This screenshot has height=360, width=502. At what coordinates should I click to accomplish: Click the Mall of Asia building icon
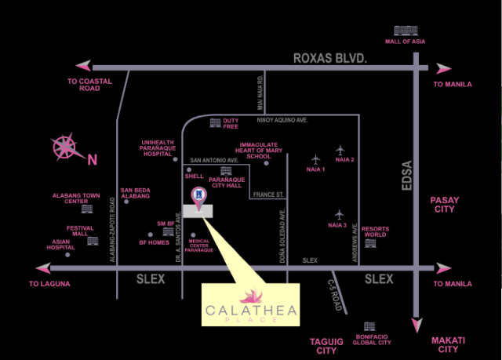pos(401,31)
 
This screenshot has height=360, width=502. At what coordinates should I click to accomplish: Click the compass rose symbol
pos(65,147)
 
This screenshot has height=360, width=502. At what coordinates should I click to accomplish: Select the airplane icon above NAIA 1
pos(315,159)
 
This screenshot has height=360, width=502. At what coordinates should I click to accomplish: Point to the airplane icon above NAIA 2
pos(340,149)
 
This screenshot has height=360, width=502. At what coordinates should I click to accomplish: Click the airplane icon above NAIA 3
pos(340,213)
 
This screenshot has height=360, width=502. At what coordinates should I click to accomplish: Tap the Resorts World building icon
pos(370,242)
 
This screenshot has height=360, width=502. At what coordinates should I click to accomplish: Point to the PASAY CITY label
pos(445,205)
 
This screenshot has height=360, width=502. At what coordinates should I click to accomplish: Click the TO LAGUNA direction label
pos(50,283)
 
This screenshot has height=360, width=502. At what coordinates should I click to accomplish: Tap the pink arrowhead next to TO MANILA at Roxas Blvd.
pos(444,69)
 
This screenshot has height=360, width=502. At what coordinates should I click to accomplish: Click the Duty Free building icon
pos(214,122)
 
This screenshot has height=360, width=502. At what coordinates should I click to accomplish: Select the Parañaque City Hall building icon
pos(226,170)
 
